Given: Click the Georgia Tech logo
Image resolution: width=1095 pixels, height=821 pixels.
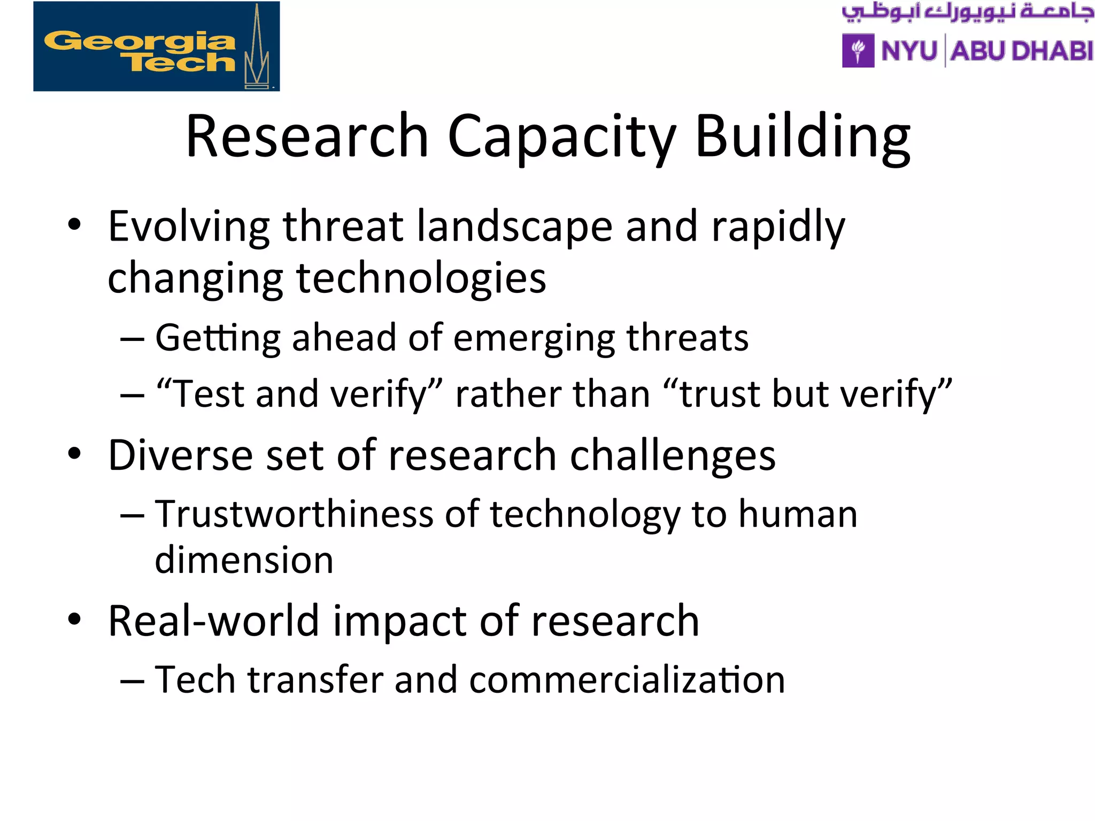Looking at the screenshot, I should [156, 47].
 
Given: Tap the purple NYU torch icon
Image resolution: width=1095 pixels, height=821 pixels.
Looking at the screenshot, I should [858, 51].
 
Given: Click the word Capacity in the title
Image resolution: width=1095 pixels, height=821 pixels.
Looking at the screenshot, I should [561, 137].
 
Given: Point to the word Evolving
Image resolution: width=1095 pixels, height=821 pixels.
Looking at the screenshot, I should [189, 227].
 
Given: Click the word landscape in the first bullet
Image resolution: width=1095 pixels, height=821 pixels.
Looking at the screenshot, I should [514, 227].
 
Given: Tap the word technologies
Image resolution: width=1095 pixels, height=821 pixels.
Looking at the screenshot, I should [421, 278].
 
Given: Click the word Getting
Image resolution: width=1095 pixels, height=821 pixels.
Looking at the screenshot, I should [218, 339].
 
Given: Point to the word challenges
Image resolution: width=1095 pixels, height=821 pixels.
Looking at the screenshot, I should [673, 455].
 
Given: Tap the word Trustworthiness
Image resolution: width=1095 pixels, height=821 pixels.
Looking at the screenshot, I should [294, 514].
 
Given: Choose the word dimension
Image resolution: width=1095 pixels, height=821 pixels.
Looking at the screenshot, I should [244, 560].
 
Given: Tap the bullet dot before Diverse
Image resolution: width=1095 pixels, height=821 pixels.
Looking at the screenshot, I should [74, 454].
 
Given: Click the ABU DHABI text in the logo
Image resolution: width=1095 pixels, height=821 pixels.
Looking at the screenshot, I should [1022, 51].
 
